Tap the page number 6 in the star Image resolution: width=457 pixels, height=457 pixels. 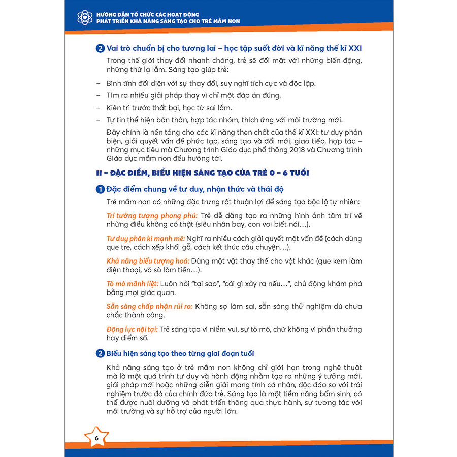pos(96,438)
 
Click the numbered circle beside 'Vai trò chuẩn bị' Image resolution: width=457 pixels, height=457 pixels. pos(100,50)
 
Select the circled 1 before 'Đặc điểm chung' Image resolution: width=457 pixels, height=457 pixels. pos(100,190)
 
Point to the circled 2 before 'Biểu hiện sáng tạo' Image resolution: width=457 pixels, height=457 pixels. pos(100,353)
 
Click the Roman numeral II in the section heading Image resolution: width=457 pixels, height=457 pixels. pos(100,173)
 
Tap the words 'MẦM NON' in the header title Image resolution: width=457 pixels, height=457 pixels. pos(221,21)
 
